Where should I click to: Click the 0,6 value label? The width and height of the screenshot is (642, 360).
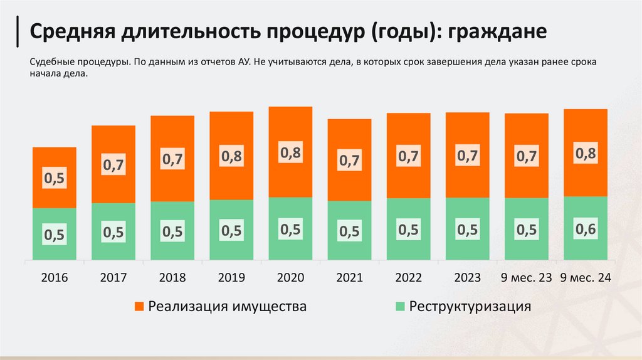586,230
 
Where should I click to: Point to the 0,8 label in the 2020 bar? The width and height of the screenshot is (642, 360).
290,152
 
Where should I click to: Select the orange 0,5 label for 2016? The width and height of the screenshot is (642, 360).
54,179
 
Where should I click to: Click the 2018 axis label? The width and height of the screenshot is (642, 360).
172,277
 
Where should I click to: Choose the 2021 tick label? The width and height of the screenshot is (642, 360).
349,277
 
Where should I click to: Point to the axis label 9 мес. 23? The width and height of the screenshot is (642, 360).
526,277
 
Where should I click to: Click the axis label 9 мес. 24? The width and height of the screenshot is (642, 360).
586,277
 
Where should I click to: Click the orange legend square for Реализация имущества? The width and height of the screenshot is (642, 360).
139,307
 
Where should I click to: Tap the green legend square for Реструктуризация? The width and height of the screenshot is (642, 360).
399,307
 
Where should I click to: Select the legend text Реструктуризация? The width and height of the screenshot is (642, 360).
470,307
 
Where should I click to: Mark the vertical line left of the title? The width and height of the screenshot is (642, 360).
17,32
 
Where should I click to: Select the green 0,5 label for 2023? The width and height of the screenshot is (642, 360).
468,230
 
